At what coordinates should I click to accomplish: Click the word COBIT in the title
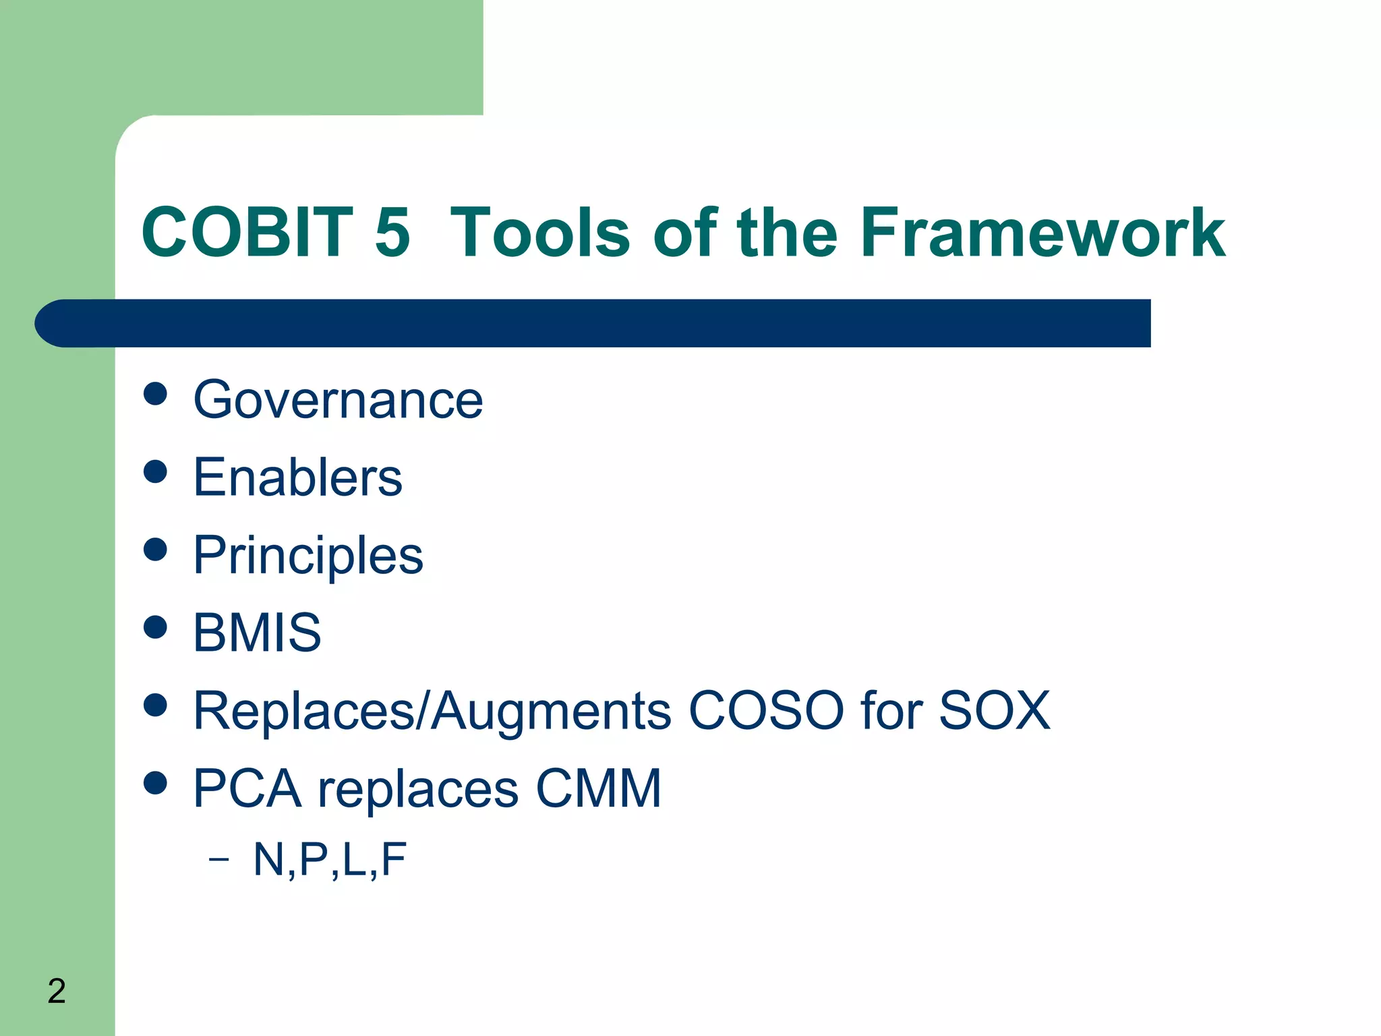[x=247, y=233]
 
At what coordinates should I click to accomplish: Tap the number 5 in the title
[x=392, y=233]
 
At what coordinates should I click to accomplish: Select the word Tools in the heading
[x=539, y=233]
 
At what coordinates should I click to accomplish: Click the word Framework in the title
[x=1042, y=233]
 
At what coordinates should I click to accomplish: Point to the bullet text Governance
[x=338, y=400]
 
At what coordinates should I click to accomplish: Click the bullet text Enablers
[x=297, y=478]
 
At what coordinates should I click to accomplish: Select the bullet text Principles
[x=308, y=556]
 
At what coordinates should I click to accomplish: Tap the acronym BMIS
[x=257, y=633]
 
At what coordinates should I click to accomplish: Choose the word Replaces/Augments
[x=432, y=712]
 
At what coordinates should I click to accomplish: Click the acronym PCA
[x=247, y=788]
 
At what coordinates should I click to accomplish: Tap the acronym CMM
[x=598, y=788]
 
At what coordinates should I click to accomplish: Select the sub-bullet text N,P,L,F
[x=330, y=860]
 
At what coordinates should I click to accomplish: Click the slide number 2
[x=57, y=991]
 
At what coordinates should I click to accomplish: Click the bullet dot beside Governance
[x=155, y=394]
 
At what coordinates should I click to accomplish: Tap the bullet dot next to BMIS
[x=155, y=627]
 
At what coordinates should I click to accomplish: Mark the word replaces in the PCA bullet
[x=418, y=790]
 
